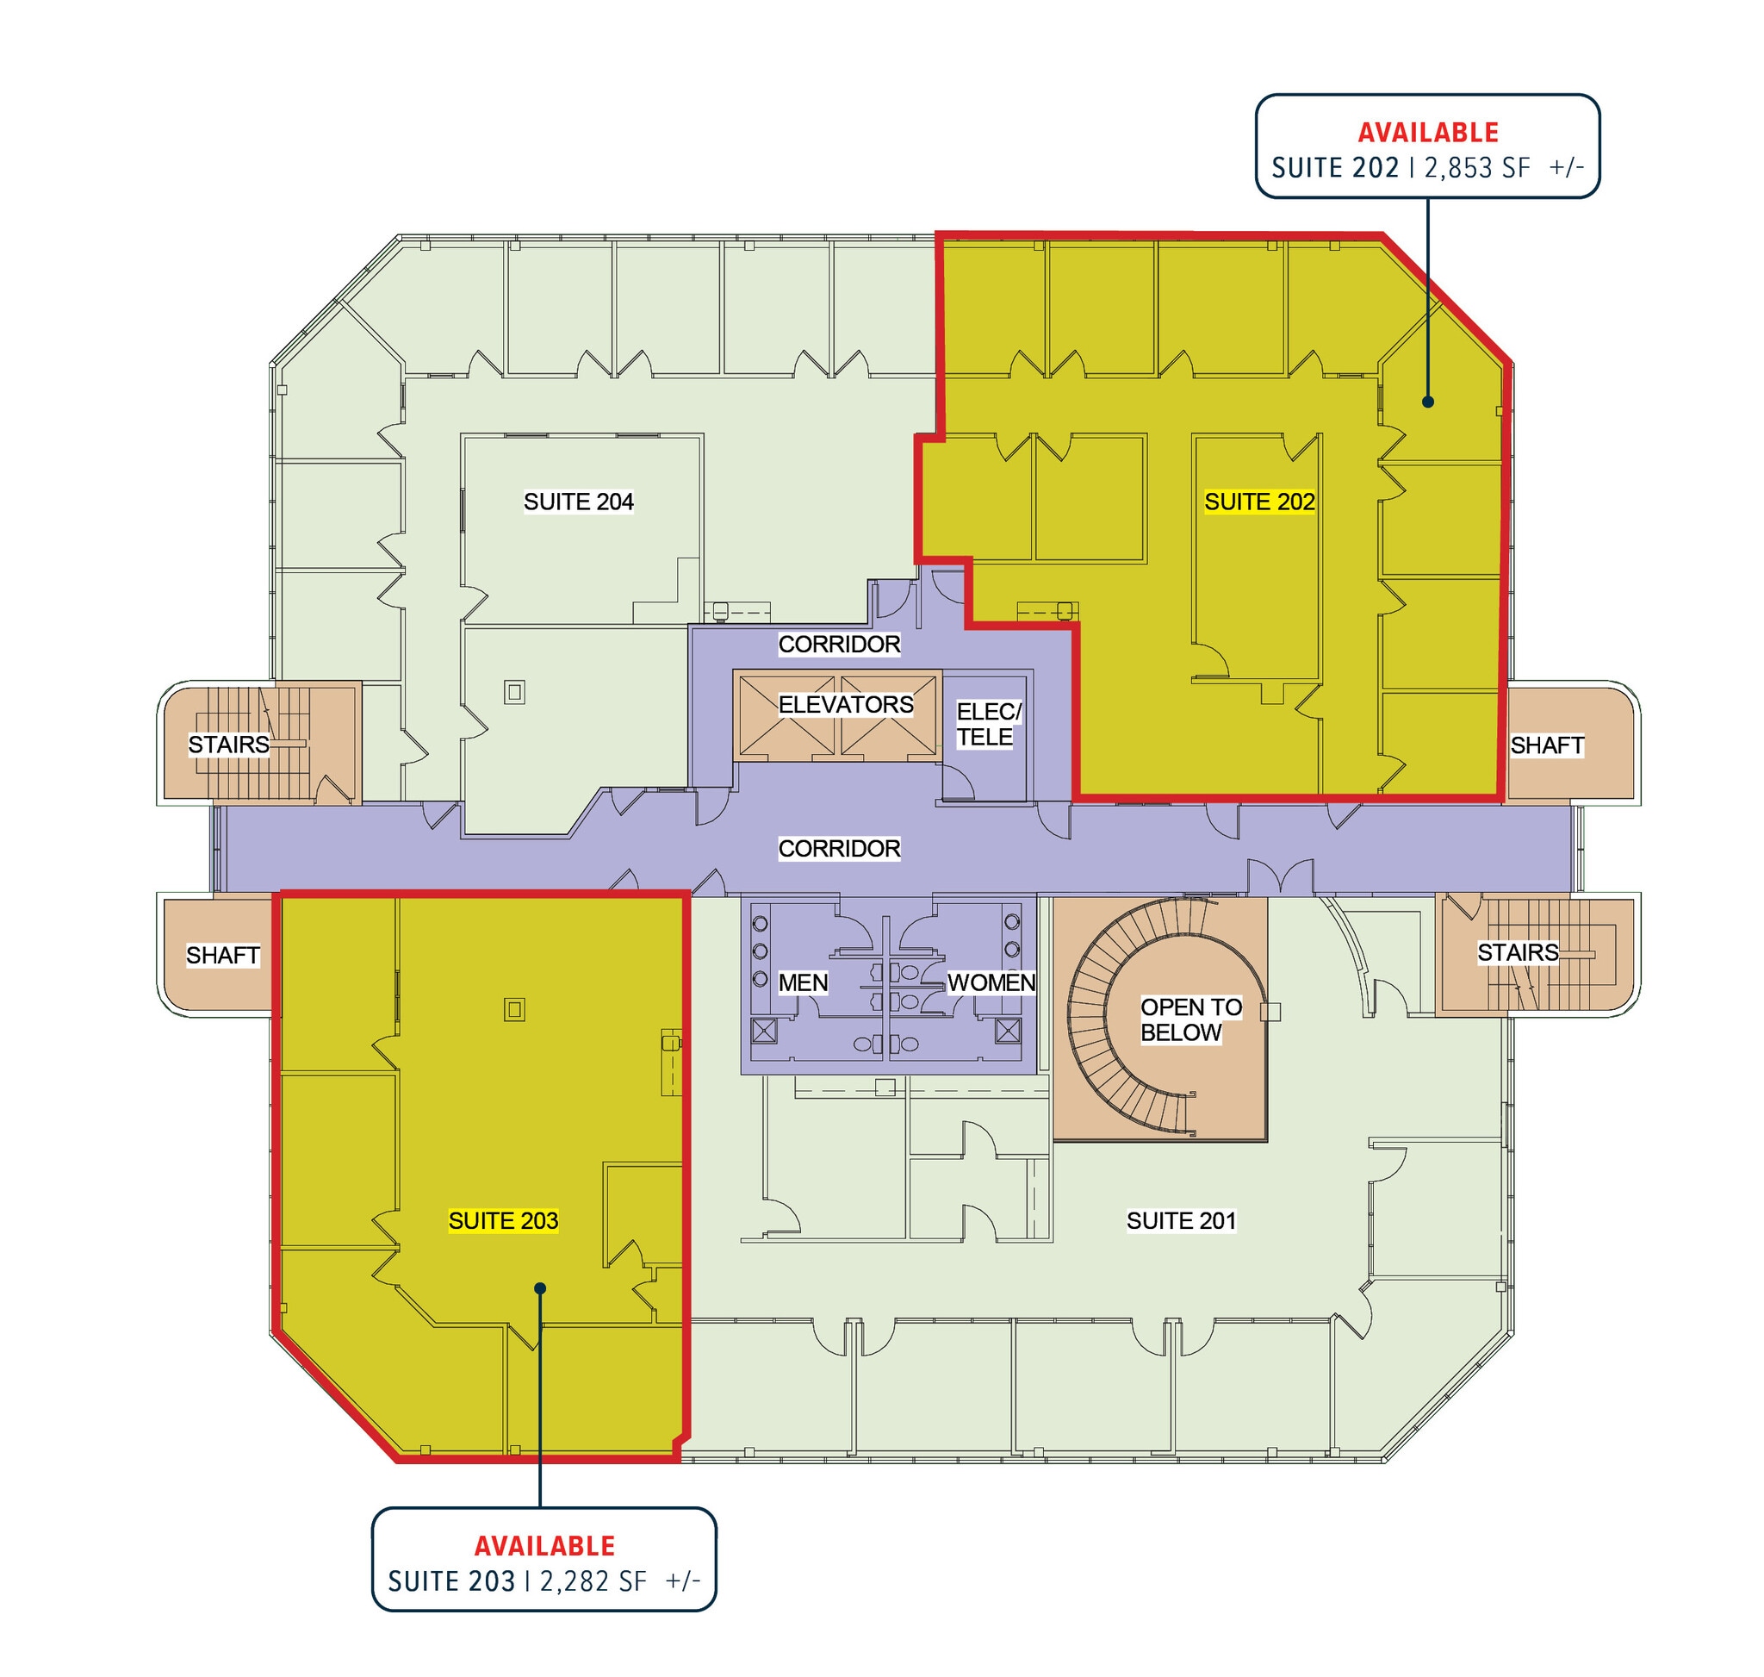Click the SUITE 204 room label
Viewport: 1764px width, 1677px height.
pos(578,502)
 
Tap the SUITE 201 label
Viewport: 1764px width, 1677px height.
pos(1181,1221)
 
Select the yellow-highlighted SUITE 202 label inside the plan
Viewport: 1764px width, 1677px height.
pos(1259,502)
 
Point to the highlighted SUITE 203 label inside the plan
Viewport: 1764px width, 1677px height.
pos(503,1221)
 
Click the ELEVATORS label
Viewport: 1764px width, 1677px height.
pos(845,705)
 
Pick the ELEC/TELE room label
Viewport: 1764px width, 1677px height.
pos(987,724)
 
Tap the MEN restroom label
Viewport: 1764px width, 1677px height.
pos(803,983)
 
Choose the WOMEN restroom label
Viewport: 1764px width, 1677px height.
pos(991,983)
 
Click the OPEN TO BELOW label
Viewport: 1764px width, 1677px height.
pos(1190,1020)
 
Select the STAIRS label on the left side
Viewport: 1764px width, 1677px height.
pos(228,745)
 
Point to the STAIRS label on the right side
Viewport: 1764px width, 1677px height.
pos(1518,953)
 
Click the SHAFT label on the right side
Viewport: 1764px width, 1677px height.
pos(1547,745)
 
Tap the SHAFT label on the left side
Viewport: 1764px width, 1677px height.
pos(222,956)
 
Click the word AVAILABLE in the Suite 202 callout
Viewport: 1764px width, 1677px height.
pos(1428,134)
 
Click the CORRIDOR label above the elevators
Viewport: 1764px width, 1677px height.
pos(839,645)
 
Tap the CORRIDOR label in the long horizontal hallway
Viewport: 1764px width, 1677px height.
pos(839,848)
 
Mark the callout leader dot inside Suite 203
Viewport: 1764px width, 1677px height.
pos(540,1288)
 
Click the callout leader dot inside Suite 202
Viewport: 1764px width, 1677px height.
pos(1428,402)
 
